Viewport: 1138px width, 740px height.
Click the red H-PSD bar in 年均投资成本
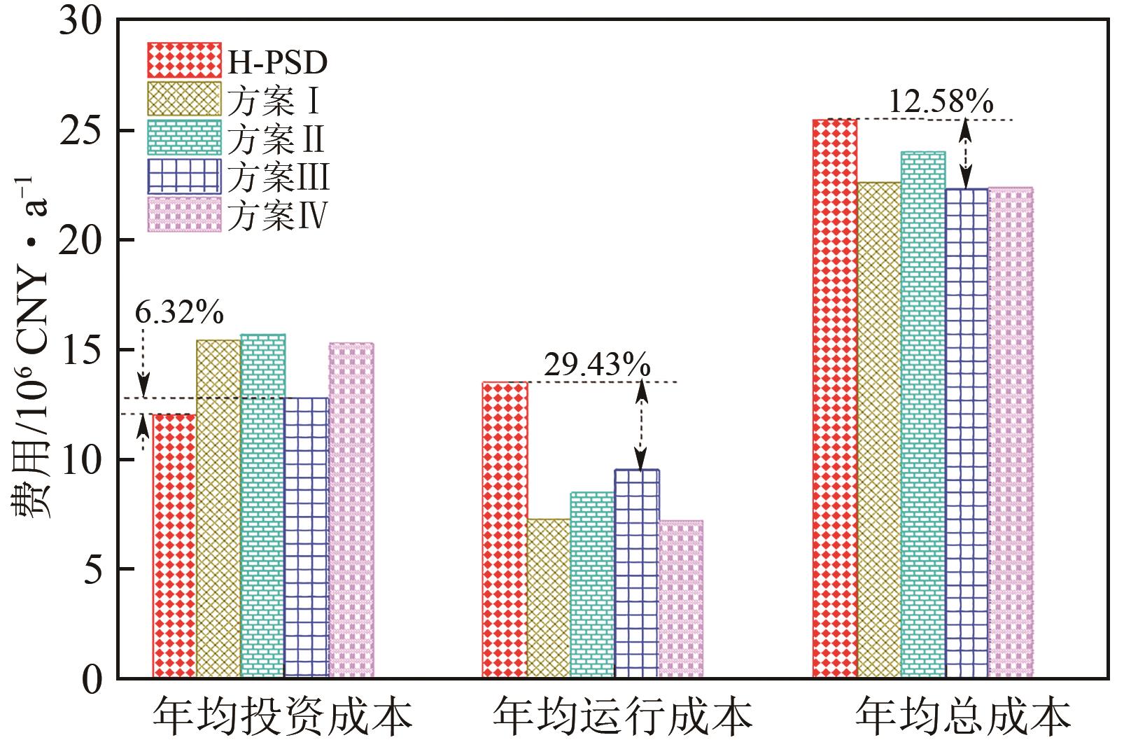pos(174,546)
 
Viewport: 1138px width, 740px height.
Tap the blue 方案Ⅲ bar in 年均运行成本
pos(637,573)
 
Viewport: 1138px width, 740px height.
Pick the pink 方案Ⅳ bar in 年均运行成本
pos(681,599)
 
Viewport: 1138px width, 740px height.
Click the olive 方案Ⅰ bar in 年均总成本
pos(878,430)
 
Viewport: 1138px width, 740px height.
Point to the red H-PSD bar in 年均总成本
pos(834,398)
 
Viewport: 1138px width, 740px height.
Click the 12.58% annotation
pos(941,102)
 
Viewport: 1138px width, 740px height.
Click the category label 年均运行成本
pos(622,715)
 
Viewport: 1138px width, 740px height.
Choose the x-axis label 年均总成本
pos(964,715)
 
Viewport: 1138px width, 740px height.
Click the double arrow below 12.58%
pos(966,154)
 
